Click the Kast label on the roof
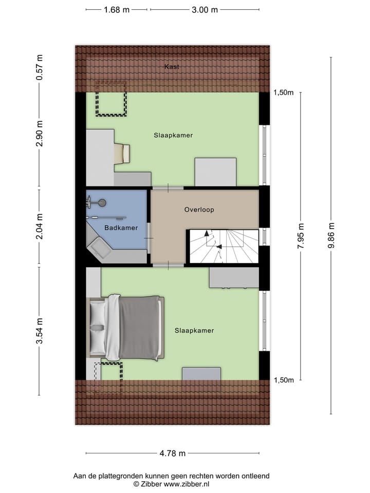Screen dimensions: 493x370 click(172, 67)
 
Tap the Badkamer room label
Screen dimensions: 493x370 click(121, 227)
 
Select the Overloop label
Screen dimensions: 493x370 click(199, 210)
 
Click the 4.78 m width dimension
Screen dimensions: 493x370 click(173, 453)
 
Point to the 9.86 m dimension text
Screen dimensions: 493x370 click(331, 236)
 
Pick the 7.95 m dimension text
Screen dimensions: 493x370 click(301, 236)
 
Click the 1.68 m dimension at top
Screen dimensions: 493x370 click(117, 10)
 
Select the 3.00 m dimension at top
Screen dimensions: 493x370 click(205, 10)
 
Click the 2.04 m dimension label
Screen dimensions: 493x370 click(40, 227)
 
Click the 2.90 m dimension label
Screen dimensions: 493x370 click(40, 135)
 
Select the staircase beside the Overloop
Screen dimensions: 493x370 click(224, 246)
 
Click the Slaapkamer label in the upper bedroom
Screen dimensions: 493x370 click(173, 136)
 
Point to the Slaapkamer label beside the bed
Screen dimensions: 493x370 click(194, 330)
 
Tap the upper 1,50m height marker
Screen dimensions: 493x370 click(283, 93)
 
